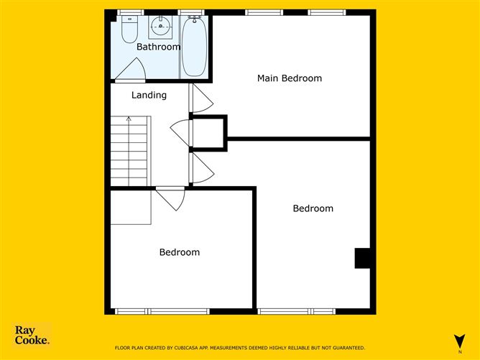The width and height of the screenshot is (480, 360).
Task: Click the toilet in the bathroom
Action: (130, 29)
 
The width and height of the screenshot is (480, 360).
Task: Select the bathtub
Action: (193, 47)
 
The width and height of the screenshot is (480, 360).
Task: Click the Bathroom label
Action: (159, 47)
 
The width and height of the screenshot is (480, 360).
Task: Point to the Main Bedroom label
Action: (290, 78)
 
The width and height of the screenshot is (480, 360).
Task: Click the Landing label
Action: (149, 95)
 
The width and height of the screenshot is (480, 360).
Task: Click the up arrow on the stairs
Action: (129, 121)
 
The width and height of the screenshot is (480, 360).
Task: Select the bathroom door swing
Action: (132, 70)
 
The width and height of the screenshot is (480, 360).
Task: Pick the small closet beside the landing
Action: (209, 133)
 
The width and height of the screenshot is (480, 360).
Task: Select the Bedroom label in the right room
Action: (313, 208)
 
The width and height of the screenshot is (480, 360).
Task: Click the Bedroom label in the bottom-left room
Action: (180, 252)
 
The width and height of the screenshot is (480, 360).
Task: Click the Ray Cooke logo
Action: (32, 336)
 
